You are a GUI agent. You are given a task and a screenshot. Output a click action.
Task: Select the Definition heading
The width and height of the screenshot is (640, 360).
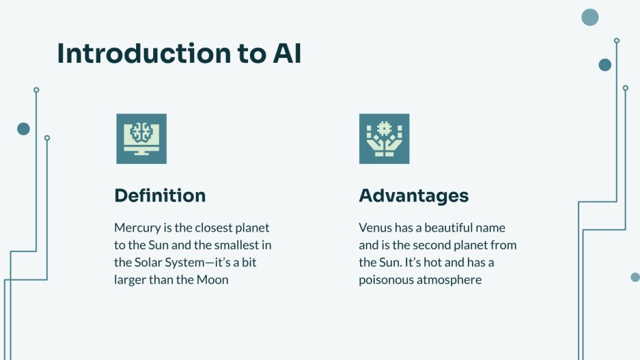click(160, 195)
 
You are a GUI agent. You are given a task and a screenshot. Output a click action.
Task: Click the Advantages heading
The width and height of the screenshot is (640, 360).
click(414, 195)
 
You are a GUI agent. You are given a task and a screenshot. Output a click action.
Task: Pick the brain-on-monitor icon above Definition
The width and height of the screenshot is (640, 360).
click(141, 139)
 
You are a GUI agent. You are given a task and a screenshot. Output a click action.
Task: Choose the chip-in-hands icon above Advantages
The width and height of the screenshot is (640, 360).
click(384, 139)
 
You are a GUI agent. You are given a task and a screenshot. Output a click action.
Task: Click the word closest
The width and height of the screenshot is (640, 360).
click(216, 227)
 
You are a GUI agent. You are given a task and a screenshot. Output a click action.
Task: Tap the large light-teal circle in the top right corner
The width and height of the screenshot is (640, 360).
click(589, 17)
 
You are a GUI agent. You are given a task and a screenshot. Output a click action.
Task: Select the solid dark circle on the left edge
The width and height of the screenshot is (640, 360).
click(23, 128)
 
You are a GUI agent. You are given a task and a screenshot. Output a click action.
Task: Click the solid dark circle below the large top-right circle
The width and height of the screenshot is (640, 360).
click(604, 65)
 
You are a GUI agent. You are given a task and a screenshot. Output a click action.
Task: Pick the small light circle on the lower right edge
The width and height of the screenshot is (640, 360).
click(635, 277)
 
